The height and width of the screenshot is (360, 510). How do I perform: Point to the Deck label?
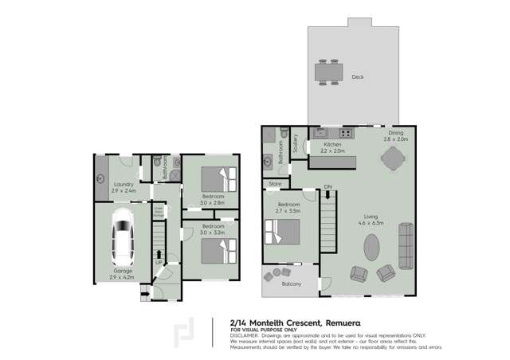click(x=357, y=77)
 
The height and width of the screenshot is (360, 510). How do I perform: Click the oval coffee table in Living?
click(x=372, y=246)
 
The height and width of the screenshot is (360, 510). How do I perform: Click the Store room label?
click(x=276, y=184)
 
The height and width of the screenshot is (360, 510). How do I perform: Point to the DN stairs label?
click(x=328, y=188)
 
